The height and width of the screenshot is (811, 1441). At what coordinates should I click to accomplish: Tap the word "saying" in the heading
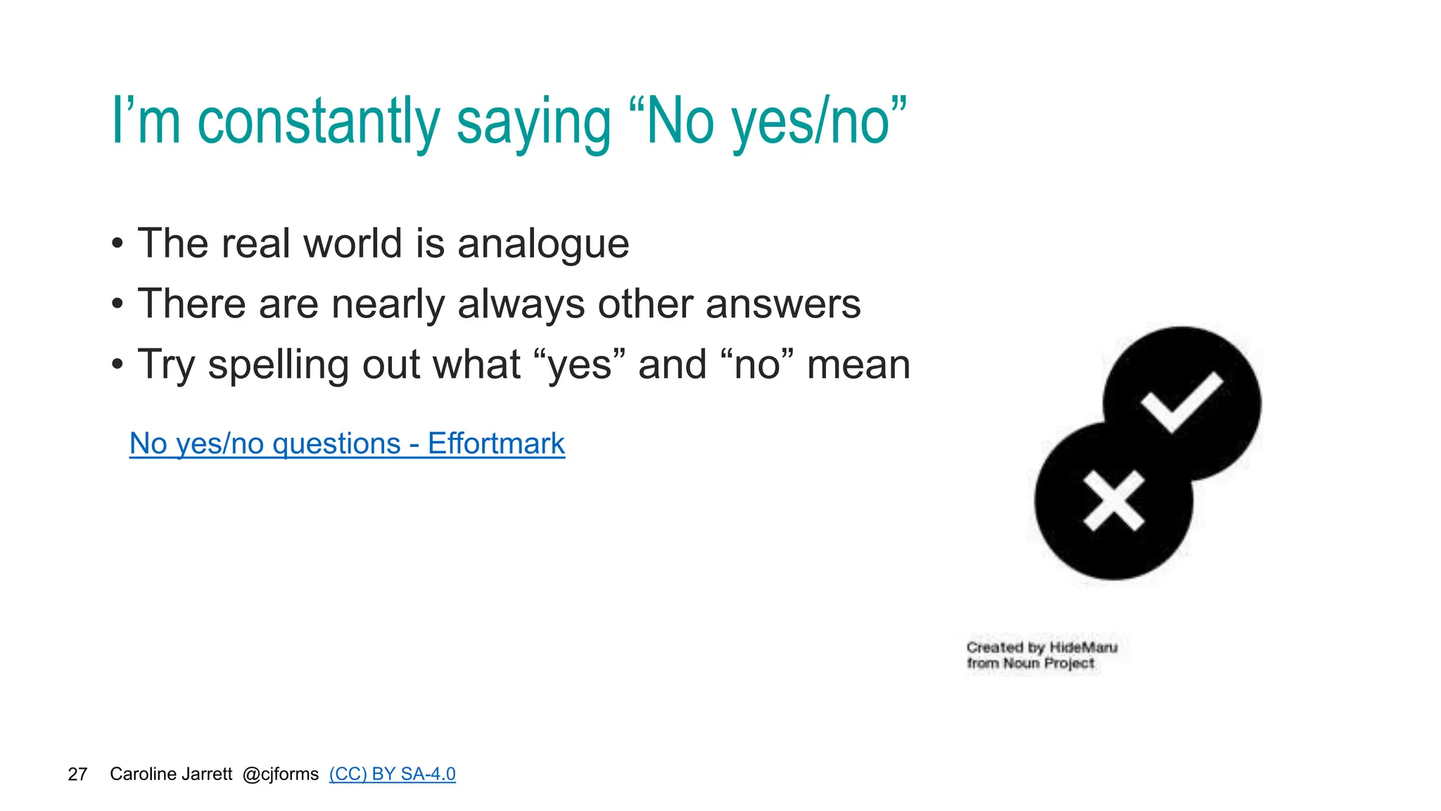click(x=534, y=123)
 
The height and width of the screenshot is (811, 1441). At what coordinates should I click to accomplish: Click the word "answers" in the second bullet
click(x=783, y=305)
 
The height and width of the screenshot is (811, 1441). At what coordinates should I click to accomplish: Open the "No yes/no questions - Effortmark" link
click(x=347, y=444)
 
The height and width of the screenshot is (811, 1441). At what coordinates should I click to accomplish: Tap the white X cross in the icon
click(x=1114, y=501)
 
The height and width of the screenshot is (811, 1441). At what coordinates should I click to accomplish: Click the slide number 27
click(x=77, y=774)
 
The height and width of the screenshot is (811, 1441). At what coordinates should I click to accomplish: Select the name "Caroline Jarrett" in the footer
click(x=171, y=774)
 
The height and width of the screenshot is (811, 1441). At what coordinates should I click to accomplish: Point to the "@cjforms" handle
click(x=281, y=774)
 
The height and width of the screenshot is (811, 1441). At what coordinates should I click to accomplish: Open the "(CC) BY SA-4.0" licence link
click(x=392, y=774)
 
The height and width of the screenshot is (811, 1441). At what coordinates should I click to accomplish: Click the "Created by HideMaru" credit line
click(x=1041, y=647)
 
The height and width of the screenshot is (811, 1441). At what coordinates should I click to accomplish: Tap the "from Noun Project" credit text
click(x=1030, y=663)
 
